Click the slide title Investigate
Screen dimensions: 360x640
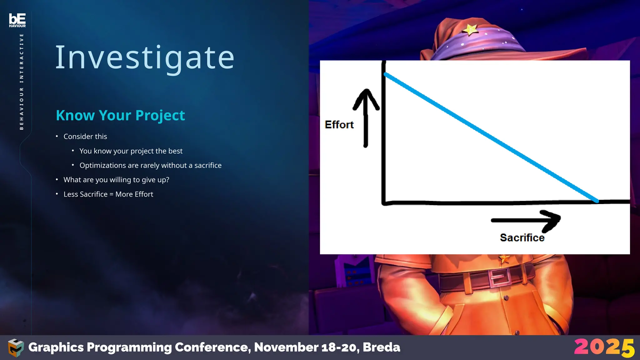[145, 58]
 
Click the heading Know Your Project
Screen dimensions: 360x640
[120, 115]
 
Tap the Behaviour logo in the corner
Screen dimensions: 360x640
[17, 20]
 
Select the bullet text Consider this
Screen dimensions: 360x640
[85, 137]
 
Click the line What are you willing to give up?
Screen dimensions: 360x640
[116, 180]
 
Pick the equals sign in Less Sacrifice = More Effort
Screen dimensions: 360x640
[111, 194]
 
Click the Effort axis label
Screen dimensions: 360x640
[339, 125]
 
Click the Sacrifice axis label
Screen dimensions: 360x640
[522, 238]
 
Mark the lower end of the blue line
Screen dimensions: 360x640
[597, 201]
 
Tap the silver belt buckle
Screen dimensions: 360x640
[499, 277]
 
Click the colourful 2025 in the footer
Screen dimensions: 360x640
[604, 347]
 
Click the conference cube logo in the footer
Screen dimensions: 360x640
[16, 347]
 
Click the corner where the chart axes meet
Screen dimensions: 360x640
[384, 203]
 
